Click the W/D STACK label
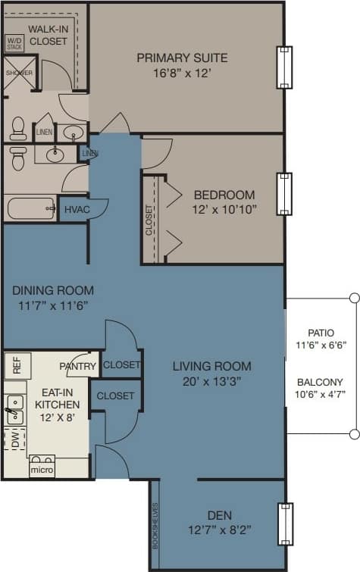pos(14,42)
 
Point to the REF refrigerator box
pos(17,365)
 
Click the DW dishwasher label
pos(13,438)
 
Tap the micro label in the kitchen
pos(41,470)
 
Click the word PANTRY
pos(78,367)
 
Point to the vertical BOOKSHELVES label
pos(155,525)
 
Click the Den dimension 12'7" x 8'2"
pos(219,530)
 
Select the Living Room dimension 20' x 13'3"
pos(211,381)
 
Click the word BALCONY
pos(319,382)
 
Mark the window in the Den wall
pos(283,524)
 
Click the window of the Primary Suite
pos(283,67)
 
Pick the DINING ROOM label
pos(53,290)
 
